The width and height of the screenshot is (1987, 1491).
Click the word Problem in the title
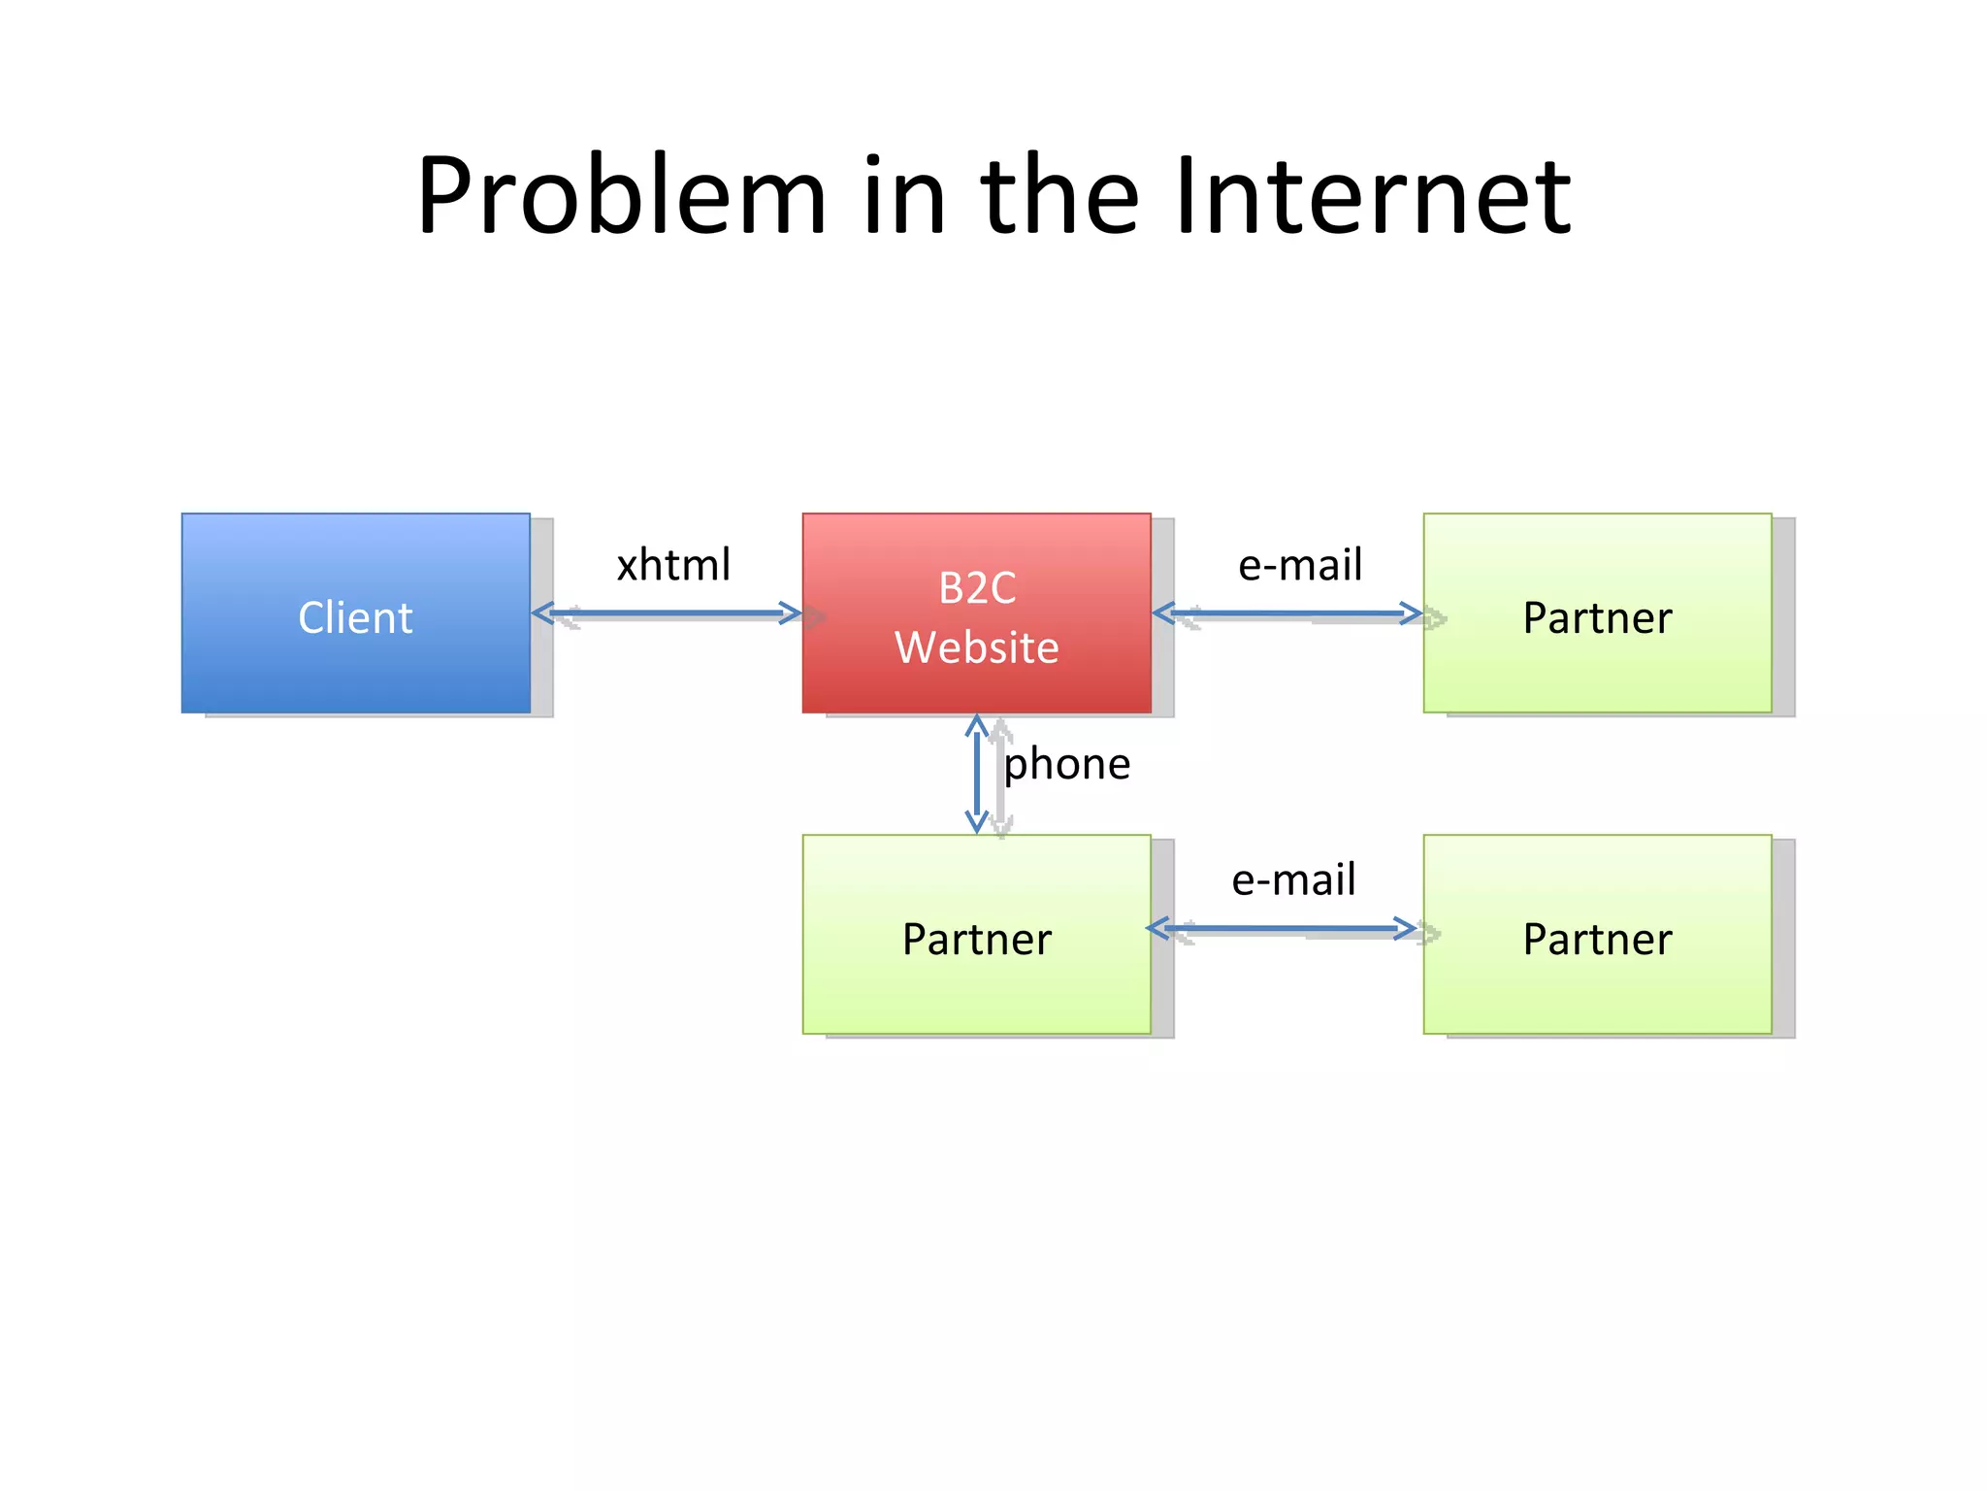click(x=621, y=197)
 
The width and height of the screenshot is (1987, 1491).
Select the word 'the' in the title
click(x=1059, y=197)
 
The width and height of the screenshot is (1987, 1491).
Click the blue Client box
click(x=355, y=613)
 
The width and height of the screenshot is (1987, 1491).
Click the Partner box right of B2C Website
click(x=1597, y=613)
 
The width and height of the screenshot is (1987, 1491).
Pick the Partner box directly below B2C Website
click(x=976, y=934)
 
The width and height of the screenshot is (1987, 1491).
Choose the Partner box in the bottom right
click(x=1597, y=934)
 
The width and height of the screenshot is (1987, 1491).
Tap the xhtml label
click(x=673, y=565)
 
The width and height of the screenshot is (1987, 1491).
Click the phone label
click(x=1066, y=764)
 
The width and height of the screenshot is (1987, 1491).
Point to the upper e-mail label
click(x=1300, y=565)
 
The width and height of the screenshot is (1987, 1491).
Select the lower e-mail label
click(x=1293, y=879)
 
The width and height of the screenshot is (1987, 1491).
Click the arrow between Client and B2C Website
click(x=667, y=613)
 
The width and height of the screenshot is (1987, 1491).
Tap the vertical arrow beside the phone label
click(x=976, y=774)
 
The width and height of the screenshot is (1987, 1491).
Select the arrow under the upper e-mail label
click(x=1287, y=613)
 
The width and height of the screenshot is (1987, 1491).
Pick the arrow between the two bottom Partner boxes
click(x=1281, y=929)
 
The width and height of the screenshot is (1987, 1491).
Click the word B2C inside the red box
click(x=976, y=588)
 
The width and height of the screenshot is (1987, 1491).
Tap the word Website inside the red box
click(x=976, y=647)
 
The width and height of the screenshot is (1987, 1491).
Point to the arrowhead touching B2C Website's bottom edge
click(x=976, y=725)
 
